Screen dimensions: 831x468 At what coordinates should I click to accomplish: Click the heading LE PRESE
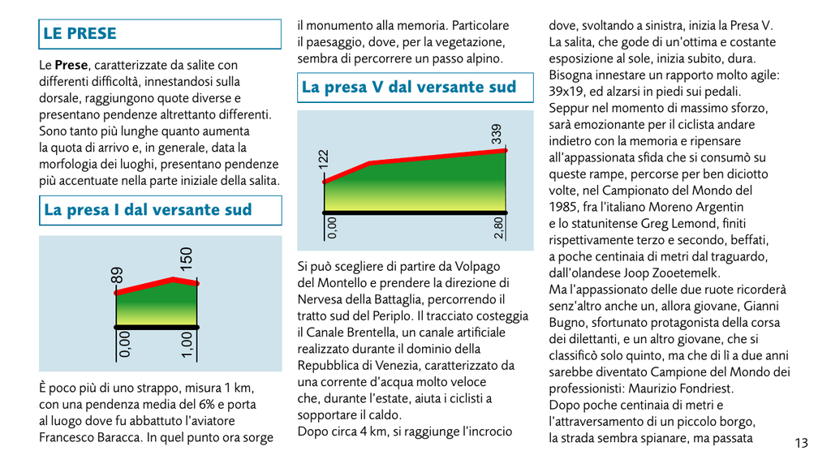click(x=80, y=33)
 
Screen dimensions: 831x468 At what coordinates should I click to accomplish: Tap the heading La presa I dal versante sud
click(x=148, y=209)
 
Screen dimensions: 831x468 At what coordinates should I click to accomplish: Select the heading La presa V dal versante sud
click(x=409, y=87)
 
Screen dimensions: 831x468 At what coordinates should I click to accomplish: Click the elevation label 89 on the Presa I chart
click(x=117, y=276)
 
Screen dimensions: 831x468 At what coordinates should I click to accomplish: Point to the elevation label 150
click(x=186, y=259)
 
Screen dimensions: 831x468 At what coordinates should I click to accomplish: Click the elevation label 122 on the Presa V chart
click(x=323, y=159)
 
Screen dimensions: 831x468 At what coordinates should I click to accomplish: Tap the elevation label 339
click(x=496, y=134)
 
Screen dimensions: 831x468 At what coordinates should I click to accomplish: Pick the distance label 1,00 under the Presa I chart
click(x=187, y=345)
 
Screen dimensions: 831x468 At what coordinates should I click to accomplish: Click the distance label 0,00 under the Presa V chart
click(x=332, y=228)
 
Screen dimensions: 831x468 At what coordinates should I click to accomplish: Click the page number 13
click(x=801, y=443)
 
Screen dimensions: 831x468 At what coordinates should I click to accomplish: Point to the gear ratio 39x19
click(x=566, y=92)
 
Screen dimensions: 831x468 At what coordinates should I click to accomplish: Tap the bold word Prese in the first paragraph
click(x=71, y=65)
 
